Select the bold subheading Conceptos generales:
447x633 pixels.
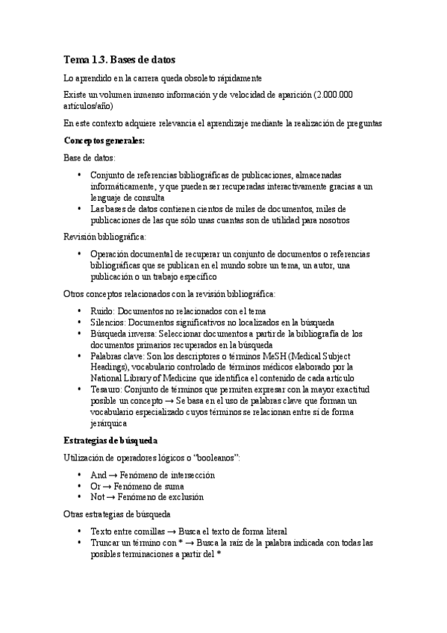coord(104,140)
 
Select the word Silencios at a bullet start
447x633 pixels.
coord(108,322)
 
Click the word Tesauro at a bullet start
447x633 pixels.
coord(107,390)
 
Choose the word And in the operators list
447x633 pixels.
coord(98,474)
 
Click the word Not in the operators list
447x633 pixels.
coord(98,496)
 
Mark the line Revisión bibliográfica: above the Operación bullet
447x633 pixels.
coord(104,237)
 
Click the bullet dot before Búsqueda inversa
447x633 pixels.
coord(81,334)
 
